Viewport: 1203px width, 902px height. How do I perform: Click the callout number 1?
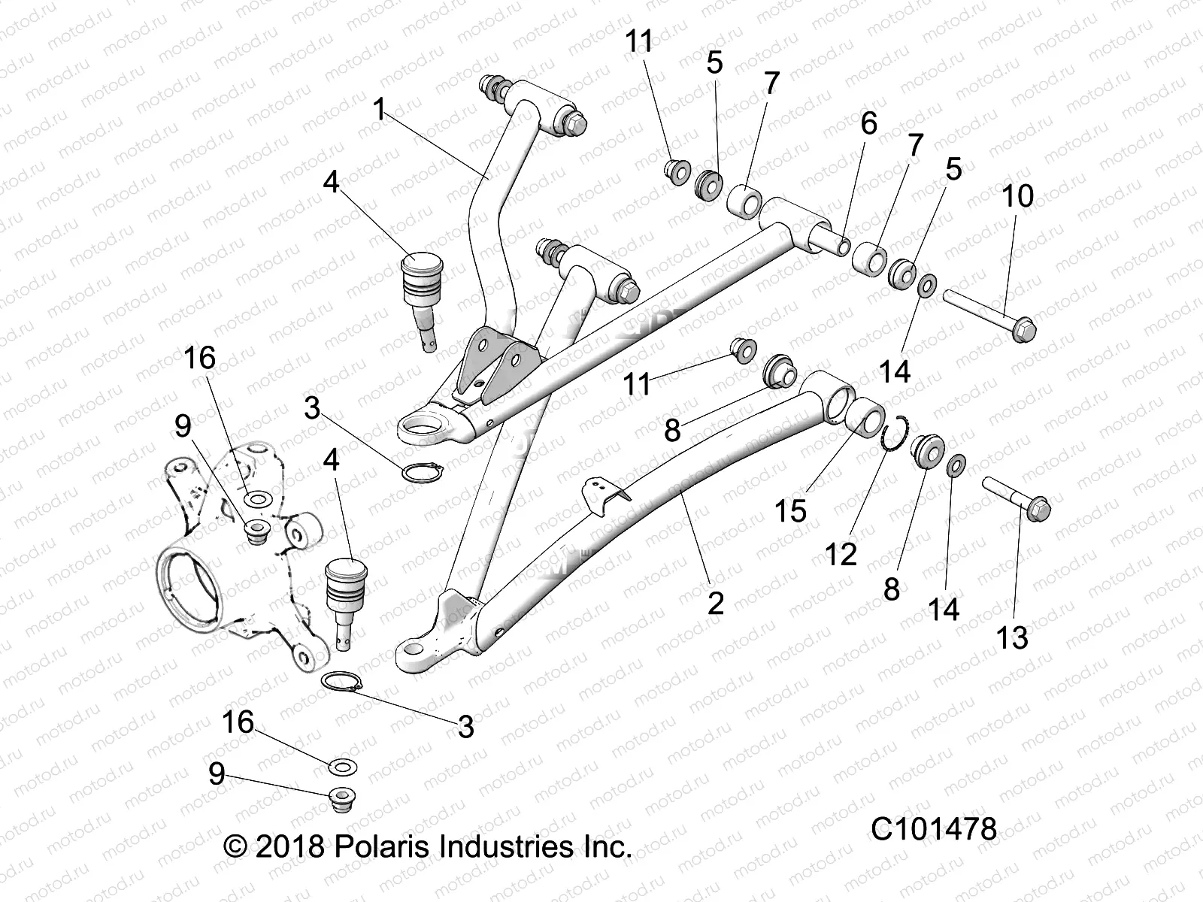(x=380, y=110)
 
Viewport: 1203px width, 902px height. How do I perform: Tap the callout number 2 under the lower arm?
(x=715, y=602)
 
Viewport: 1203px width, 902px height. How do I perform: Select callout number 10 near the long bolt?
(x=1018, y=196)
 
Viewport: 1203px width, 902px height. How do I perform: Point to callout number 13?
(x=1011, y=638)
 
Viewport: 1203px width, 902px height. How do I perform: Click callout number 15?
(x=791, y=510)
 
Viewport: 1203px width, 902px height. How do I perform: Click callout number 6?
(x=868, y=124)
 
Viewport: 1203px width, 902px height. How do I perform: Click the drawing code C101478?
(x=934, y=829)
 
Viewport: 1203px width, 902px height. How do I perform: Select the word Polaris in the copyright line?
(x=383, y=846)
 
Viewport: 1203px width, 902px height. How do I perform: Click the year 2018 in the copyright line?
(x=289, y=846)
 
